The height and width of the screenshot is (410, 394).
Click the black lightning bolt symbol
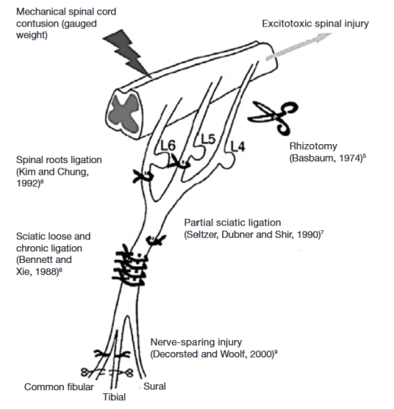point(127,53)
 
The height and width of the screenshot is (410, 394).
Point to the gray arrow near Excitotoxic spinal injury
point(299,46)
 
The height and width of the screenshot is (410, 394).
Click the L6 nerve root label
point(168,146)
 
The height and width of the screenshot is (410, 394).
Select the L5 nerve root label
point(208,139)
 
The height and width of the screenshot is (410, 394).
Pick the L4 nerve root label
point(238,146)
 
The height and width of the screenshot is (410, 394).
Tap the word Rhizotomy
point(313,146)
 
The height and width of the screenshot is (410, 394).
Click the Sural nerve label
point(154,386)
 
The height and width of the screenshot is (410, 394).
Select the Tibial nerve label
point(114,397)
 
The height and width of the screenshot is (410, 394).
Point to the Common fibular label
point(59,386)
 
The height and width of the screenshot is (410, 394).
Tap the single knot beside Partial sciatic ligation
point(155,240)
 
